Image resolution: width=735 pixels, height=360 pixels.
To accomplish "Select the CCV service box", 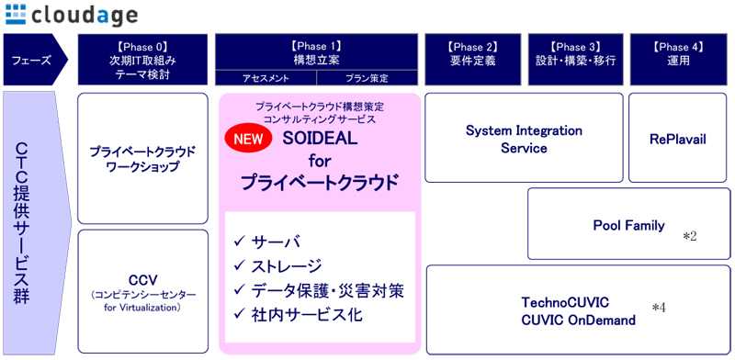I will pyautogui.click(x=142, y=287).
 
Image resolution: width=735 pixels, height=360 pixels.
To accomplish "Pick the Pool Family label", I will pyautogui.click(x=628, y=225).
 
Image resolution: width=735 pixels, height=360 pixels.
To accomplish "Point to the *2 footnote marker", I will pyautogui.click(x=689, y=237).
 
